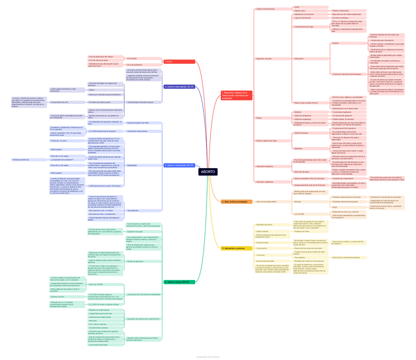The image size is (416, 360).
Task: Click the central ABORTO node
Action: point(208,172)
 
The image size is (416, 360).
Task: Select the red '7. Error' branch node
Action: point(179,62)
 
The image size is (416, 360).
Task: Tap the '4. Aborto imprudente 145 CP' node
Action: point(179,87)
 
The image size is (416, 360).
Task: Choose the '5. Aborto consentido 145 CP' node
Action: point(180,165)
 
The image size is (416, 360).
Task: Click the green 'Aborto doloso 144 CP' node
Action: point(180,282)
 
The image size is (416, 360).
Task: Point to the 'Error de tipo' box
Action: point(132,58)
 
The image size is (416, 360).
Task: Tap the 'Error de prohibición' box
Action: point(134,65)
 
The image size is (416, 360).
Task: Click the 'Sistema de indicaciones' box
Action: point(266,9)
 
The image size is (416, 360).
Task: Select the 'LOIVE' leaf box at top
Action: point(297,7)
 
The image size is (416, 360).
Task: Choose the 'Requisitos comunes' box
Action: point(264,59)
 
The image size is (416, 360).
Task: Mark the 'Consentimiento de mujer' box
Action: point(304,27)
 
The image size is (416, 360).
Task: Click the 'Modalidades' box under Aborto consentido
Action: point(132,165)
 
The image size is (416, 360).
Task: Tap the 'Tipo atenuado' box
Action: point(133,210)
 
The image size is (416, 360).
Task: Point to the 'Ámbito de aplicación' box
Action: point(135,261)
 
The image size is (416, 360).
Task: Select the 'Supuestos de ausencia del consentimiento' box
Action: point(143,319)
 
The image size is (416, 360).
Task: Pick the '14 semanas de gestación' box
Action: point(341,112)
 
